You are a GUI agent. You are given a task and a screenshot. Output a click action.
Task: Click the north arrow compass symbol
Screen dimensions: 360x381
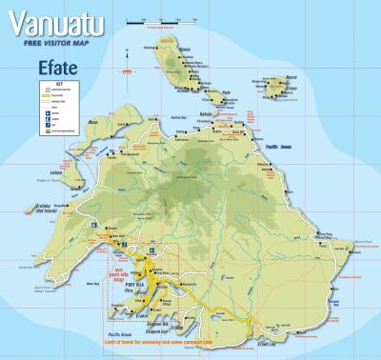pos(126,66)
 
